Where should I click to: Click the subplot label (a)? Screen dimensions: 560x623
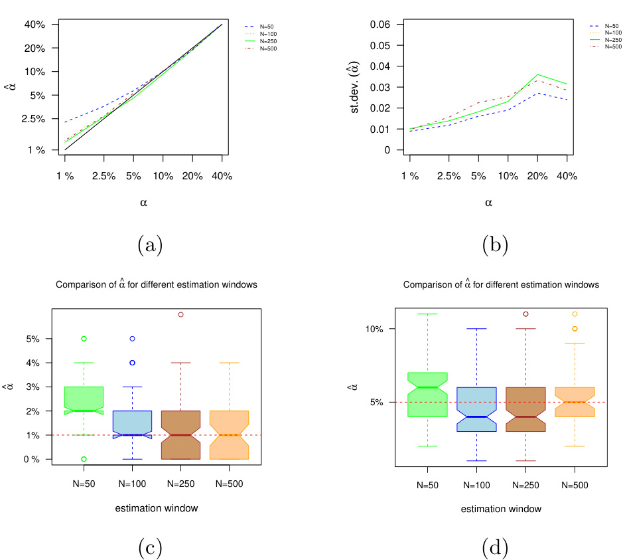150,245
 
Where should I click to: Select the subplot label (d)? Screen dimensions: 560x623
494,548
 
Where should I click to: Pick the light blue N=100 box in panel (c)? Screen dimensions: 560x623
133,424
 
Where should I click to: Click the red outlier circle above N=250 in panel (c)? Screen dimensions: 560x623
180,314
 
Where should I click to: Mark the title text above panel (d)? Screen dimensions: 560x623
501,284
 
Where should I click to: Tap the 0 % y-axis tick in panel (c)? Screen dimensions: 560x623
35,459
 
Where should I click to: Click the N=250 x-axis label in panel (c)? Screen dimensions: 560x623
180,485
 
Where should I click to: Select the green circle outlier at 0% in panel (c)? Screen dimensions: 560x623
84,459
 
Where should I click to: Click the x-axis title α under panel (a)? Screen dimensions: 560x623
143,203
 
